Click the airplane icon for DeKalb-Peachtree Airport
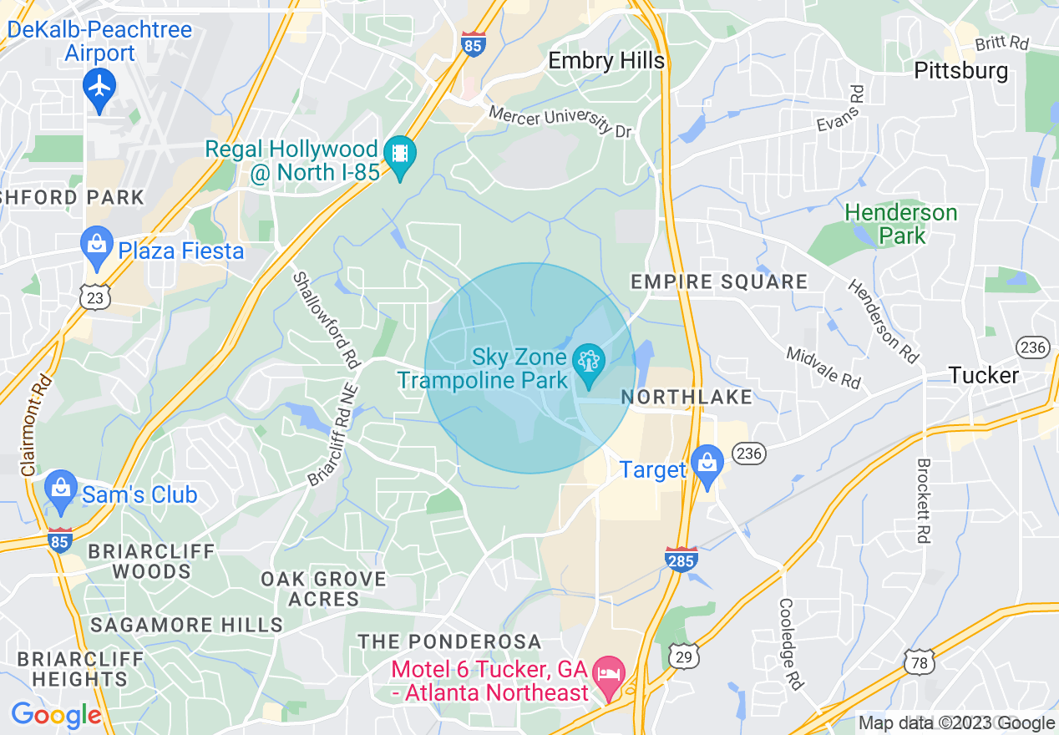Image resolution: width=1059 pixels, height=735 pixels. [x=99, y=87]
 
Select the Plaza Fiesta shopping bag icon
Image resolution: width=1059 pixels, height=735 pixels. [x=98, y=246]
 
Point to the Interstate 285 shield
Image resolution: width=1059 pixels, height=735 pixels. [x=681, y=559]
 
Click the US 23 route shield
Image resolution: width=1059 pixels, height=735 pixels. [x=96, y=297]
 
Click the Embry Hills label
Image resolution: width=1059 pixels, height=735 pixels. [x=606, y=60]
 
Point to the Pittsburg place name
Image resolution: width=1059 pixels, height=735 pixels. [x=961, y=70]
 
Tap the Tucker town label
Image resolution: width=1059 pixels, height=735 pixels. [x=984, y=375]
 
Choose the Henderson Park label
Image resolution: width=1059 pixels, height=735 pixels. [x=901, y=224]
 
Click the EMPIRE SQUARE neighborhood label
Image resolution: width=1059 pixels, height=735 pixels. [x=719, y=281]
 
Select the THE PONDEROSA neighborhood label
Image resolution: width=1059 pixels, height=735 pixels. [x=450, y=641]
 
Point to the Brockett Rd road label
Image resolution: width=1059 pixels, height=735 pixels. [x=923, y=501]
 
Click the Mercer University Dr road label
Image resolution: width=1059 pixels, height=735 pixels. [x=560, y=120]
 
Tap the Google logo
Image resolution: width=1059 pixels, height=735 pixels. [x=57, y=715]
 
